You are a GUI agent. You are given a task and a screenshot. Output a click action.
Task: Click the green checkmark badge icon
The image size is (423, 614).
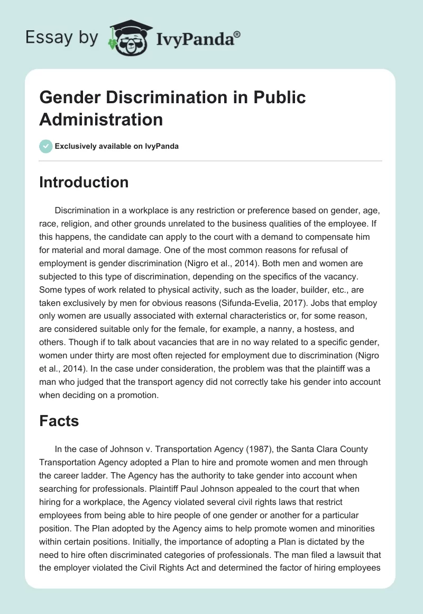point(46,146)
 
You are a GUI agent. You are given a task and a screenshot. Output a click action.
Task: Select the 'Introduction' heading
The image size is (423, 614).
point(84,182)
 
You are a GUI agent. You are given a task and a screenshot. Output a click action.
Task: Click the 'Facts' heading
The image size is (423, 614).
point(59,421)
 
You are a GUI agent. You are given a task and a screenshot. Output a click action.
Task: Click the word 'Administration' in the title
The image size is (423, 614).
point(101,119)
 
